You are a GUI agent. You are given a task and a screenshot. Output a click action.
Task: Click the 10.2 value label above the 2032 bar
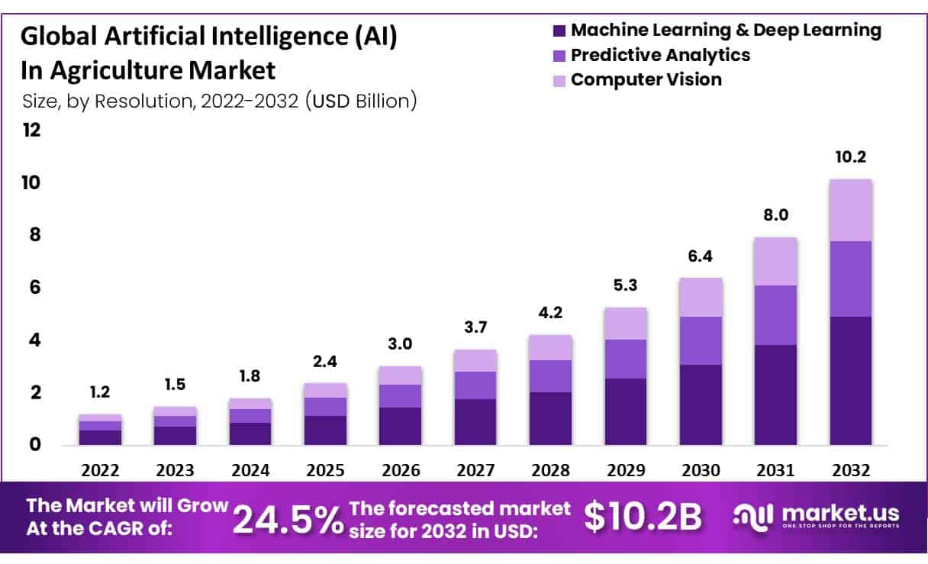[x=850, y=158]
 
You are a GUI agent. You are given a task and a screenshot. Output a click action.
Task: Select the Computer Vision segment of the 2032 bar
[x=850, y=210]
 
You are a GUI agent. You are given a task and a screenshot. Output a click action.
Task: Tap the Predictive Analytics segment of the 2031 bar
[x=775, y=314]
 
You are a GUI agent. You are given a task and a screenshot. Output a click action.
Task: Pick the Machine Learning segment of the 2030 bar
[x=701, y=404]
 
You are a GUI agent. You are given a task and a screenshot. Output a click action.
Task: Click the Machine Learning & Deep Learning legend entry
[x=725, y=31]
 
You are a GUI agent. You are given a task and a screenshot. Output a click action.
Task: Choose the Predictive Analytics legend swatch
[x=559, y=56]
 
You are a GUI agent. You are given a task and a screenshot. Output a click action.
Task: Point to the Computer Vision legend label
[x=646, y=79]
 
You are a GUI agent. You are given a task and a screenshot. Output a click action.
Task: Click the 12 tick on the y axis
[x=31, y=131]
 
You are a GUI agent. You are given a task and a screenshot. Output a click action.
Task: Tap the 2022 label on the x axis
[x=100, y=470]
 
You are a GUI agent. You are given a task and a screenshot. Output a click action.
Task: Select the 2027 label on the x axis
[x=475, y=470]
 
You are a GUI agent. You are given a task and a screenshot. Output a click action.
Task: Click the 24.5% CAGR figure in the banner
[x=287, y=519]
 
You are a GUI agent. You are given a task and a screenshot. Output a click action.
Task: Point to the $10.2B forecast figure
[x=643, y=517]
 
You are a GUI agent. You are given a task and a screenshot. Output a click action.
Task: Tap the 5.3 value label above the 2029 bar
[x=625, y=286]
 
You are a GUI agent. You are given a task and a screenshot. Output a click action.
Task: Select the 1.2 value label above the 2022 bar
[x=100, y=392]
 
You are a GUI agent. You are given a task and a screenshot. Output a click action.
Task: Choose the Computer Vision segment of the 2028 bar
[x=550, y=347]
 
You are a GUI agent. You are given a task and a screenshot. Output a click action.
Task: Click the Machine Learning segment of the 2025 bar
[x=325, y=430]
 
